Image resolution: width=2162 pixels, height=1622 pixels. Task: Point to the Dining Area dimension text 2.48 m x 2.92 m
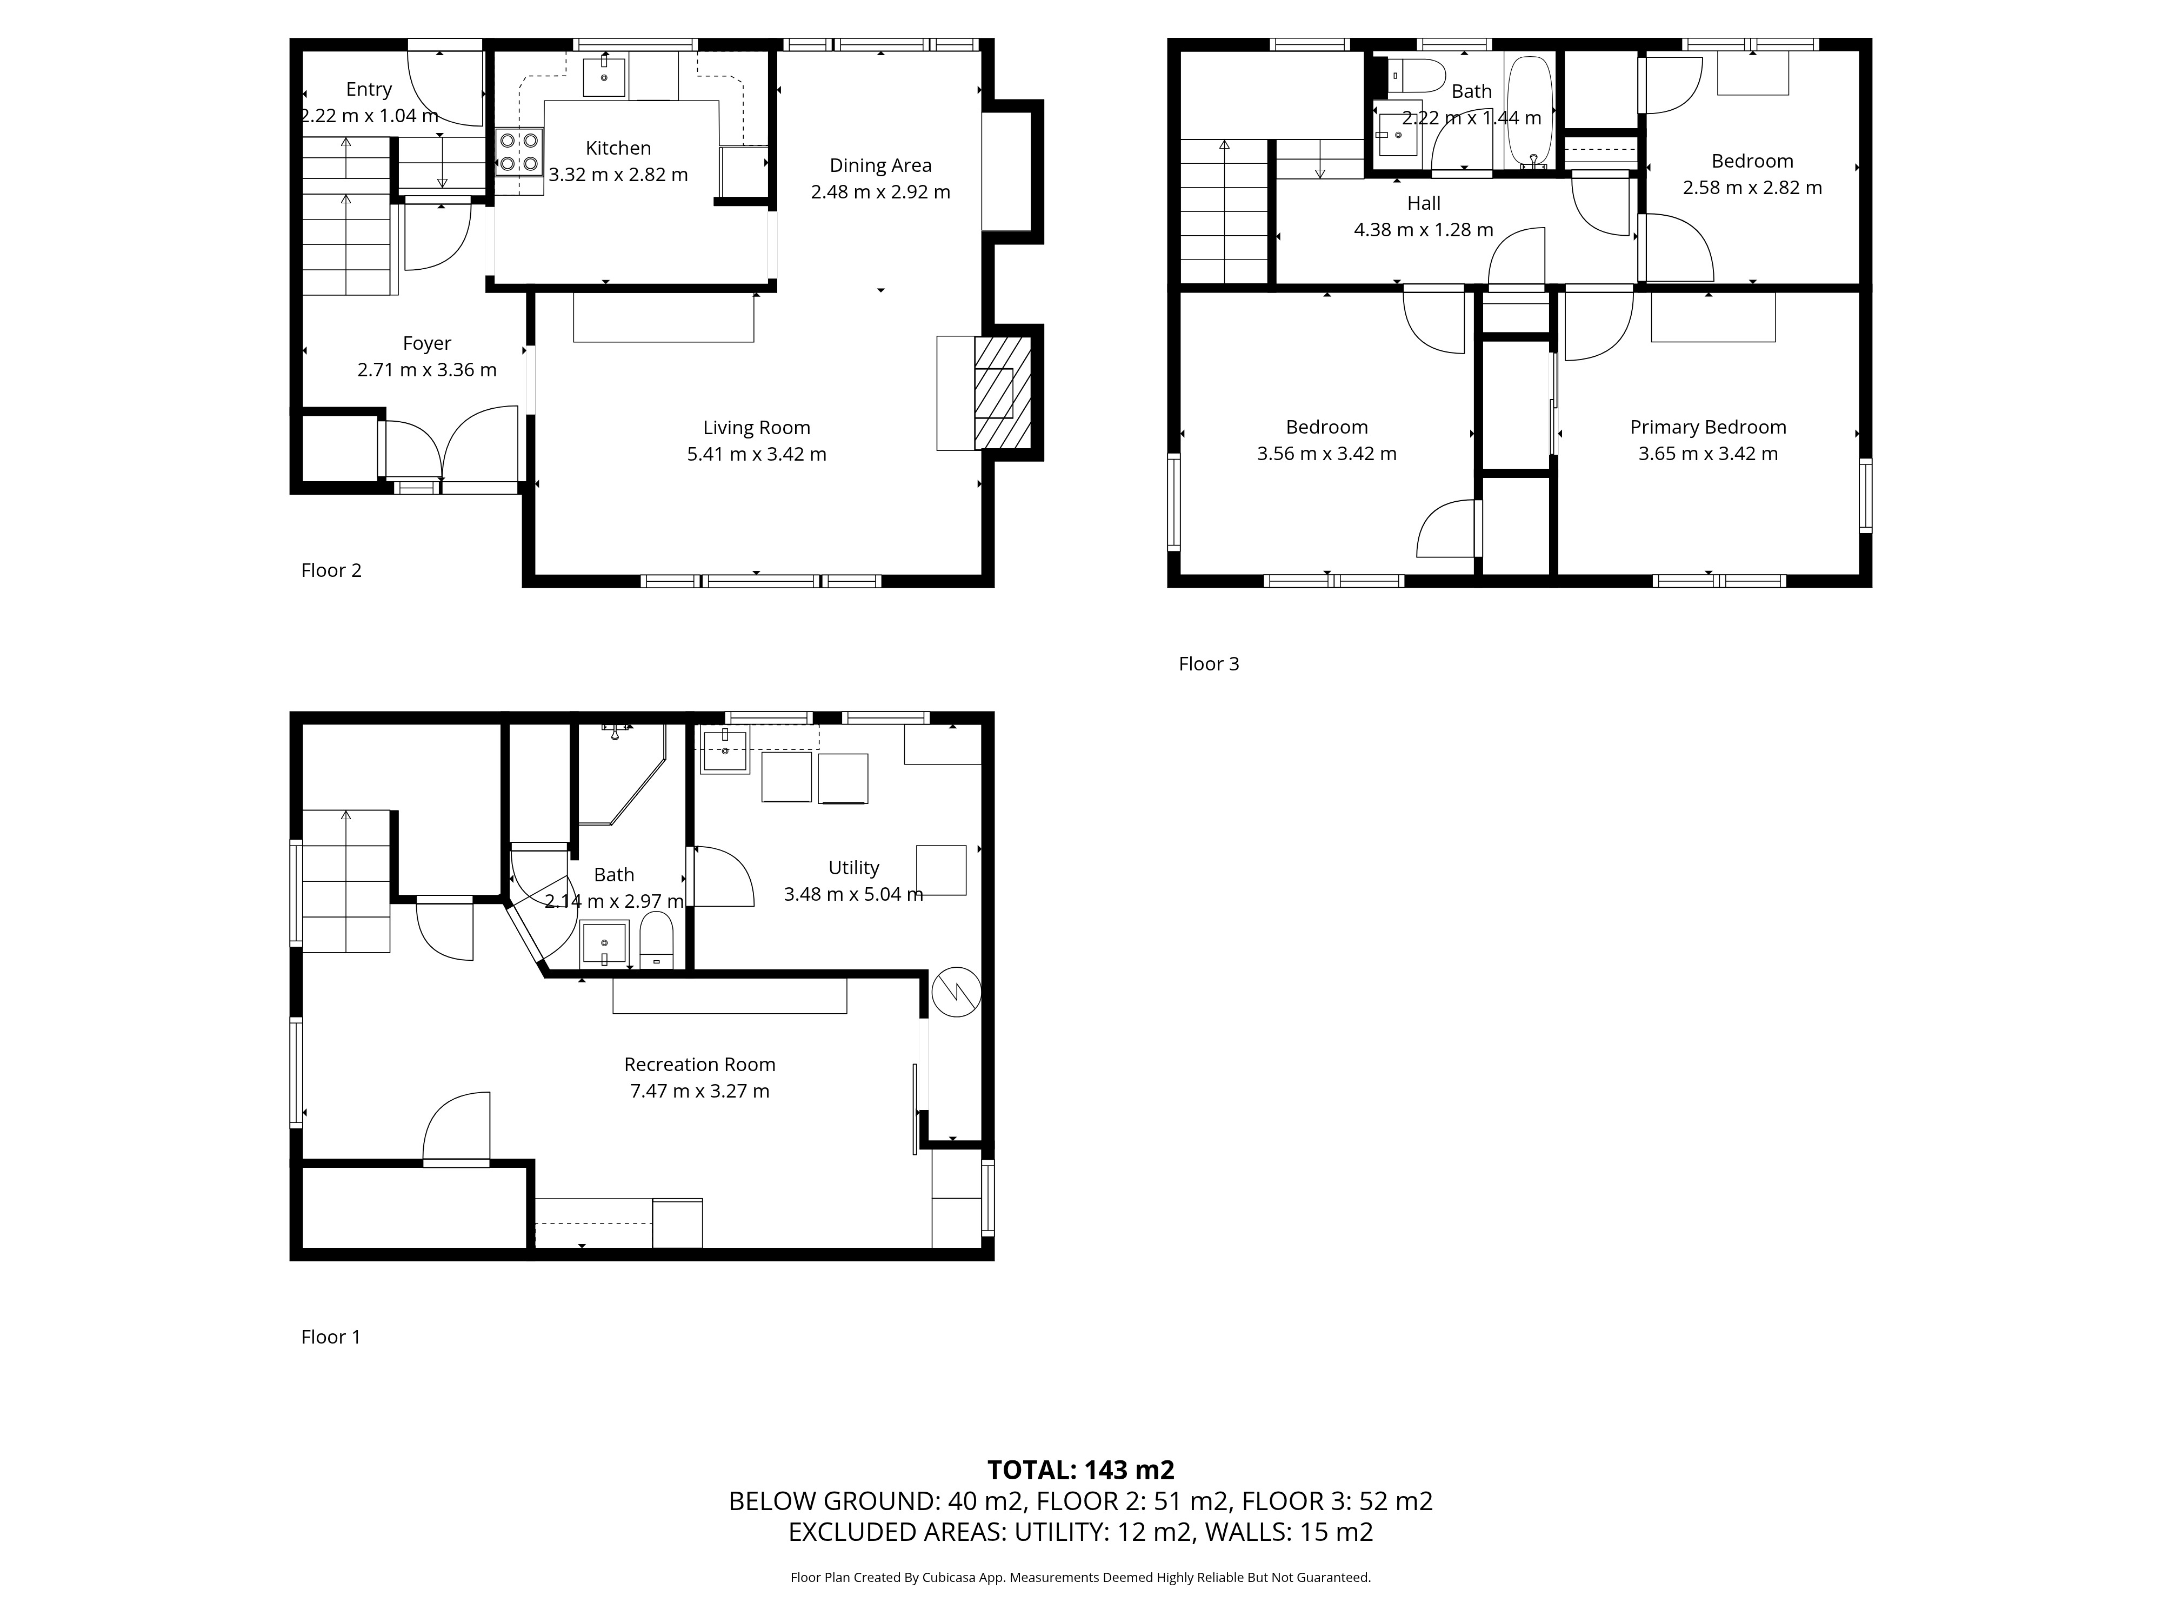[x=879, y=191]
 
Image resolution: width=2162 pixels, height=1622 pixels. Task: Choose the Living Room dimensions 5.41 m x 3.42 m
[x=757, y=454]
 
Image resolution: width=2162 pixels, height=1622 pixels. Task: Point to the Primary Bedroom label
[x=1707, y=427]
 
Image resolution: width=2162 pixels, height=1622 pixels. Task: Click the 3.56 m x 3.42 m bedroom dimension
[x=1326, y=454]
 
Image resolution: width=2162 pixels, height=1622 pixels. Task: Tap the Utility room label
[x=853, y=867]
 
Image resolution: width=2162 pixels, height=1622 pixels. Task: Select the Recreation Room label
[x=700, y=1065]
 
